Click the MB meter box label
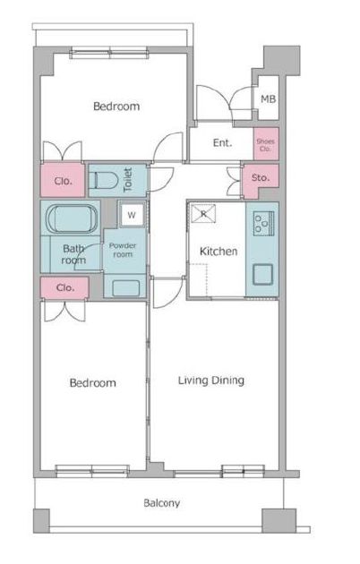pyautogui.click(x=268, y=98)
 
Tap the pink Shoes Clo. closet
pyautogui.click(x=266, y=144)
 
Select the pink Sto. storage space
pyautogui.click(x=261, y=180)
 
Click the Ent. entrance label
pyautogui.click(x=222, y=143)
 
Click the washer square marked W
pyautogui.click(x=132, y=216)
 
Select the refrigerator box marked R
pyautogui.click(x=203, y=214)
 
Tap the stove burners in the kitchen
pyautogui.click(x=263, y=224)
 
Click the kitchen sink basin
pyautogui.click(x=263, y=275)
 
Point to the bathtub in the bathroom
pyautogui.click(x=72, y=219)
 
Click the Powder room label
pyautogui.click(x=123, y=250)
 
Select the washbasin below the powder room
pyautogui.click(x=125, y=288)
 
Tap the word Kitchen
pyautogui.click(x=219, y=252)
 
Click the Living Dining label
pyautogui.click(x=211, y=380)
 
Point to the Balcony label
pyautogui.click(x=162, y=502)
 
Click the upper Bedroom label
pyautogui.click(x=116, y=107)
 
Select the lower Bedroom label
pyautogui.click(x=93, y=383)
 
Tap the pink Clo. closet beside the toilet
pyautogui.click(x=63, y=180)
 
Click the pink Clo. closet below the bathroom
pyautogui.click(x=64, y=287)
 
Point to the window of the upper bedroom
pyautogui.click(x=109, y=53)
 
